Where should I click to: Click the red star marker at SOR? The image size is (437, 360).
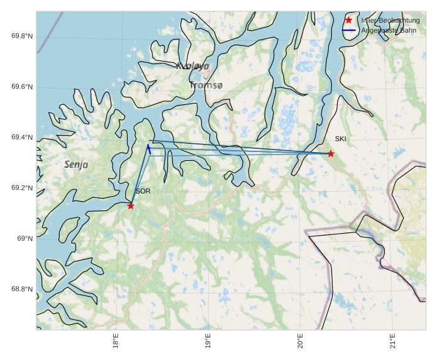(x=131, y=205)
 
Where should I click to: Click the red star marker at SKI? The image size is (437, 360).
(x=331, y=153)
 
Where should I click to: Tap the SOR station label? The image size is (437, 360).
(x=143, y=191)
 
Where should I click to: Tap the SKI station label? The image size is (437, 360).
(x=340, y=139)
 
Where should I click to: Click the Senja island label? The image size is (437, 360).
(x=76, y=165)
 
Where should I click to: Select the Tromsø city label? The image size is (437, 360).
(x=206, y=85)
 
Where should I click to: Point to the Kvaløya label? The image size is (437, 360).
(x=192, y=66)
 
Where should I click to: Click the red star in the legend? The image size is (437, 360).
(x=349, y=20)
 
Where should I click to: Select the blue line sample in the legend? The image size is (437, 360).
(x=349, y=30)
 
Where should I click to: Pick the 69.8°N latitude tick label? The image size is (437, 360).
(x=22, y=36)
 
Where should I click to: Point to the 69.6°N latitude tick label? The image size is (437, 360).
(x=22, y=87)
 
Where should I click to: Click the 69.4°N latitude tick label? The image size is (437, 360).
(x=22, y=138)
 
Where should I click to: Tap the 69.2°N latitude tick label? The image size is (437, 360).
(x=22, y=188)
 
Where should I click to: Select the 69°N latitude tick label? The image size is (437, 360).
(x=25, y=239)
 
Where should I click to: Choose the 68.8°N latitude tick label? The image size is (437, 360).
(x=22, y=290)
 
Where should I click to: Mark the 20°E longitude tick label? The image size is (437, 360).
(x=301, y=341)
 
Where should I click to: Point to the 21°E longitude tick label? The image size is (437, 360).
(x=393, y=341)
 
